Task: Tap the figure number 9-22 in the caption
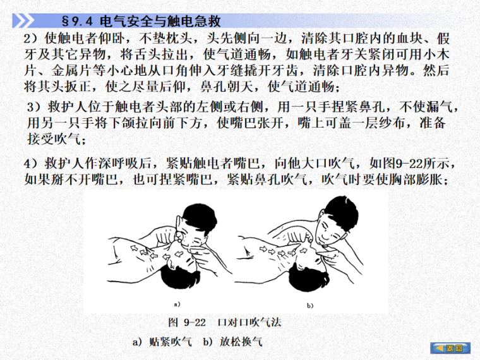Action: tap(195, 323)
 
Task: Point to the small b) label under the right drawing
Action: tap(309, 306)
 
